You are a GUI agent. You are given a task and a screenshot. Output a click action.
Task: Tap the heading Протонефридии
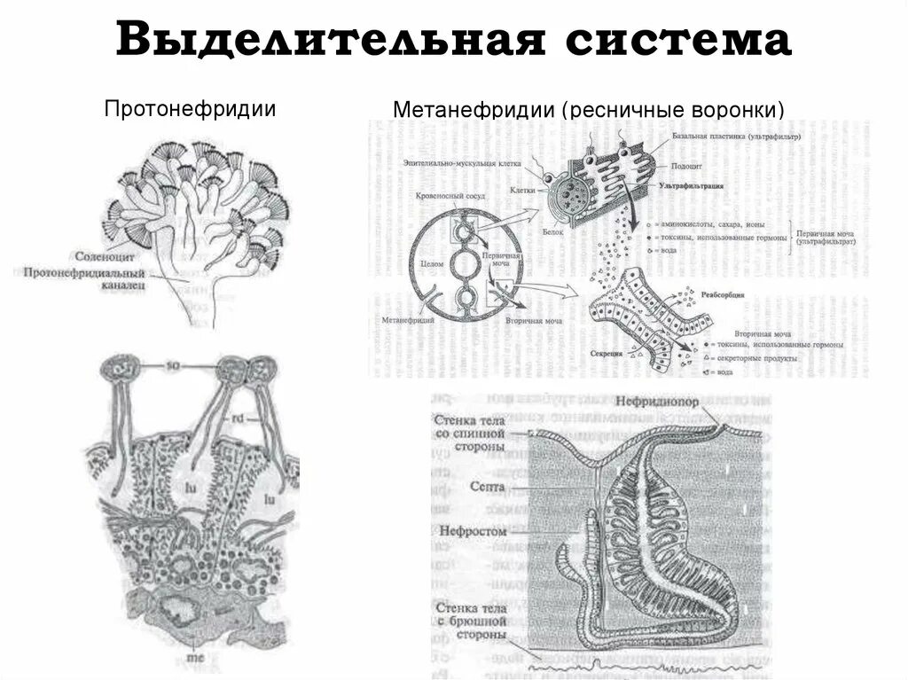click(190, 110)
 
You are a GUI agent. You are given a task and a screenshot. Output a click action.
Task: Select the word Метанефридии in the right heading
click(474, 111)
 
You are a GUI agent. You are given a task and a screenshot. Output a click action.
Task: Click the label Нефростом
click(474, 531)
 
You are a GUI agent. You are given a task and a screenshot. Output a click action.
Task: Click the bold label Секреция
click(606, 352)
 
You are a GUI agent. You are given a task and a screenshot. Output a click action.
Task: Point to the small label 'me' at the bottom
click(192, 660)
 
